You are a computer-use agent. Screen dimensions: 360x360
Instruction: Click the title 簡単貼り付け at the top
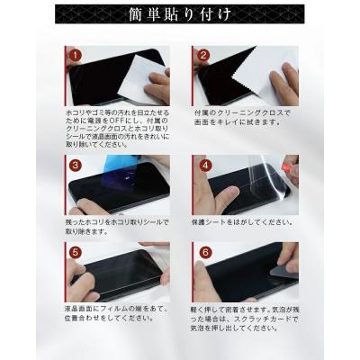pyautogui.click(x=180, y=15)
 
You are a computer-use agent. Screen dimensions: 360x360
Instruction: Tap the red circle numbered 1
pyautogui.click(x=75, y=56)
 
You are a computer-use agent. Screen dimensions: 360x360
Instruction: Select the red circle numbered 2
pyautogui.click(x=204, y=56)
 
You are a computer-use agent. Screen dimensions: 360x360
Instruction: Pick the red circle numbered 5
pyautogui.click(x=75, y=253)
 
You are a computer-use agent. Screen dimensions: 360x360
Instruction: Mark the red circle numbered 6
pyautogui.click(x=204, y=253)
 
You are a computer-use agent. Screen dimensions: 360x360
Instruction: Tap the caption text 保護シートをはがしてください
pyautogui.click(x=241, y=221)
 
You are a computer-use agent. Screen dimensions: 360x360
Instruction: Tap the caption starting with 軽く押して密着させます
pyautogui.click(x=243, y=319)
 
